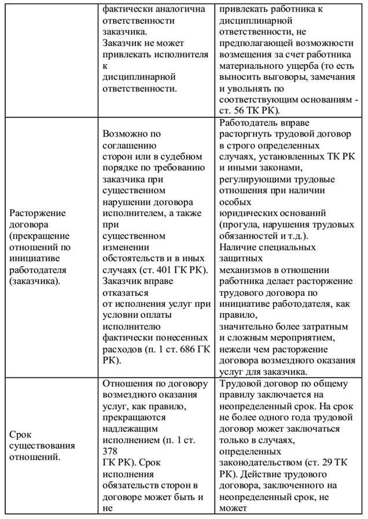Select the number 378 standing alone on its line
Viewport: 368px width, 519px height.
click(111, 450)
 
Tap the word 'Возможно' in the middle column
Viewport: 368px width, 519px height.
click(123, 134)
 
